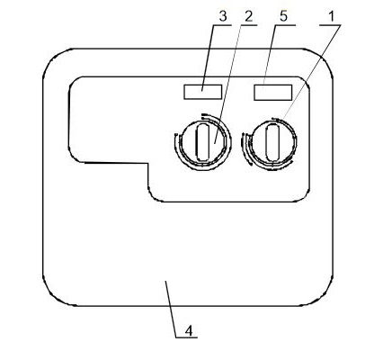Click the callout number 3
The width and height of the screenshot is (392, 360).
click(x=223, y=16)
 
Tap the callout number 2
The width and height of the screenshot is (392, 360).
click(x=249, y=16)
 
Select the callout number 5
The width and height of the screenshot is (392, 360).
click(x=283, y=16)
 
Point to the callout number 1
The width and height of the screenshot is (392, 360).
click(x=331, y=16)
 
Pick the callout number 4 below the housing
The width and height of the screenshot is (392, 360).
click(x=189, y=331)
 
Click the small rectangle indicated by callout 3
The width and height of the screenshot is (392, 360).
click(x=203, y=92)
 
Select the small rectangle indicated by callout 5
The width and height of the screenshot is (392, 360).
click(x=273, y=93)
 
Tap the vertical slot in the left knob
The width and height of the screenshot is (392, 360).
click(x=202, y=142)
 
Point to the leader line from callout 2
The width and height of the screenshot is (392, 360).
click(x=229, y=84)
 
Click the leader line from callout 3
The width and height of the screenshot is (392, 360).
click(x=208, y=58)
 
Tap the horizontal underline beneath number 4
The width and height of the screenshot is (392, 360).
click(x=186, y=337)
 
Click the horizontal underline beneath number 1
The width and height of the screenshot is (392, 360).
click(x=330, y=25)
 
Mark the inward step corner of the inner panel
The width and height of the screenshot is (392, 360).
click(x=148, y=164)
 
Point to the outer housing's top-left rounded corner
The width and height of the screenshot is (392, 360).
click(x=52, y=58)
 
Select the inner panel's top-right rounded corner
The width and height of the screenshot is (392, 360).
click(x=306, y=80)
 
